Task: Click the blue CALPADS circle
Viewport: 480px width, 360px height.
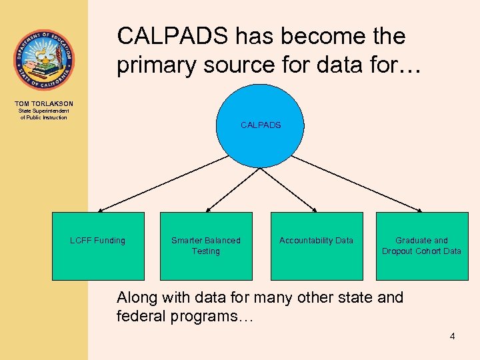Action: tap(260, 125)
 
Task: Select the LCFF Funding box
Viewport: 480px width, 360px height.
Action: tap(98, 245)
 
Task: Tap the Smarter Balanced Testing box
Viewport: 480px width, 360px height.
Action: tap(206, 245)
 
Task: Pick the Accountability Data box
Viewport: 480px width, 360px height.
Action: tap(316, 245)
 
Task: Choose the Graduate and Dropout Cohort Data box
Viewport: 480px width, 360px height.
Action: tap(421, 245)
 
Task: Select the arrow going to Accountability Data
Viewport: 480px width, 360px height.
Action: tap(293, 189)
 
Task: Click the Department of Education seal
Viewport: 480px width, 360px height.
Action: tap(44, 60)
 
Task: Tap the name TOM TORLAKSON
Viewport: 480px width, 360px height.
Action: tap(44, 104)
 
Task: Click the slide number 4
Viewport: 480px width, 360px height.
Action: tap(452, 337)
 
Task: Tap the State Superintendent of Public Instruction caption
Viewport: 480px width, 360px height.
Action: tap(44, 115)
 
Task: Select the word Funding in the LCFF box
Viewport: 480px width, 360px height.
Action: tap(109, 240)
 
